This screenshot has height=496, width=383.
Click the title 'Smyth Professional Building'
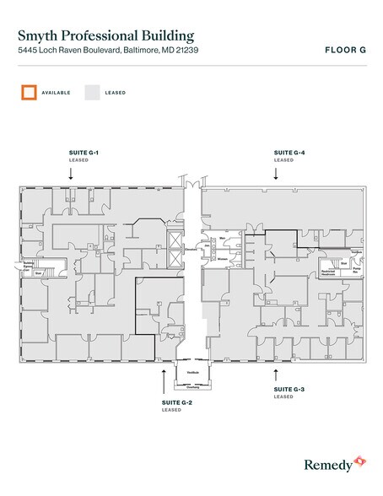[105, 35]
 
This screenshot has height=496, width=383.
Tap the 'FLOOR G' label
[344, 50]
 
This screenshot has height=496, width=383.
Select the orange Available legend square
[29, 92]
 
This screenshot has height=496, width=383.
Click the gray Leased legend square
[91, 92]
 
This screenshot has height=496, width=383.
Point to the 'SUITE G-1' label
[84, 152]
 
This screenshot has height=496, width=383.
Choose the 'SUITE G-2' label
[177, 403]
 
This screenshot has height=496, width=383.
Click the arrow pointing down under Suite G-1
[71, 172]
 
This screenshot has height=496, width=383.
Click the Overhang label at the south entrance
[192, 386]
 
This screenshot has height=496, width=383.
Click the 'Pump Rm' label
[356, 272]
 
